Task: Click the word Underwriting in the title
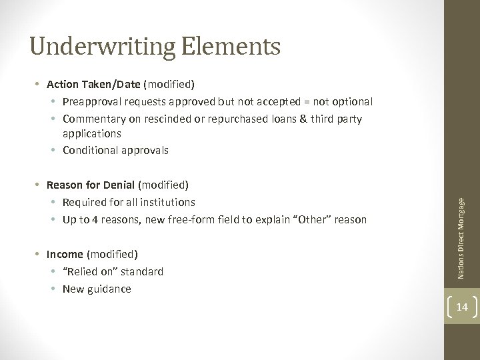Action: point(101,47)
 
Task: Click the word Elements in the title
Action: point(231,47)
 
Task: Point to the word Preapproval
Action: point(94,102)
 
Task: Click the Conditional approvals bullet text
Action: point(115,151)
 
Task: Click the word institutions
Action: point(167,201)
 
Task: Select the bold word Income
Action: point(66,255)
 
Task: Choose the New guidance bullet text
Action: point(97,288)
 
